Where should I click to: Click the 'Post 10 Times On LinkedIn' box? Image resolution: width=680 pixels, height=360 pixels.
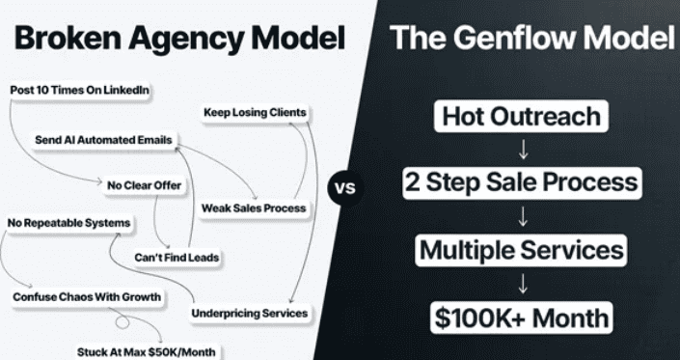coord(79,90)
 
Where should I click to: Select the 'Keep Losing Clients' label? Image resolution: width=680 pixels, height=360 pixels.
coord(255,113)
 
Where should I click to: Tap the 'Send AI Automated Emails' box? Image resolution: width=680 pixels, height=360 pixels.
coord(103,140)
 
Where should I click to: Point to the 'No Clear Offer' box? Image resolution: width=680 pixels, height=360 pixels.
coord(145,185)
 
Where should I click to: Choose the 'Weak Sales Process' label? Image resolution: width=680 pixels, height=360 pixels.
coord(254,208)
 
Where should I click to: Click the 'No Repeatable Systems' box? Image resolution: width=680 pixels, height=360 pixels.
coord(68,223)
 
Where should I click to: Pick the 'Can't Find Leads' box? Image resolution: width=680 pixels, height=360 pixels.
coord(177,258)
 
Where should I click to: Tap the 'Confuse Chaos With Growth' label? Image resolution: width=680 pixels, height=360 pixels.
coord(87,297)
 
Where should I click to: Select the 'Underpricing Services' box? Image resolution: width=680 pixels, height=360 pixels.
coord(250,313)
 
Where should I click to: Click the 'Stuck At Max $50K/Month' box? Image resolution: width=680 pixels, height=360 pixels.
coord(147,351)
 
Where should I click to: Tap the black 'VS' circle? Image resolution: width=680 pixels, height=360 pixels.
coord(345,188)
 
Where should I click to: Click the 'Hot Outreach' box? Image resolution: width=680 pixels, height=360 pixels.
coord(521,116)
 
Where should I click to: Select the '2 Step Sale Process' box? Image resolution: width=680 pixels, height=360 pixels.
coord(522,183)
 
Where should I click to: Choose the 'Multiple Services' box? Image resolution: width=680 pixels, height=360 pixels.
coord(521,250)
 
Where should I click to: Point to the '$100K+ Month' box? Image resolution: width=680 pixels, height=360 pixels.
coord(521,318)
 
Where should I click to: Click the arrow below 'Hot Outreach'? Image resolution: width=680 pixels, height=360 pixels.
coord(523,150)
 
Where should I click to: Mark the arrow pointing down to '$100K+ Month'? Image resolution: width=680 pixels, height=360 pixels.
coord(523,284)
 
